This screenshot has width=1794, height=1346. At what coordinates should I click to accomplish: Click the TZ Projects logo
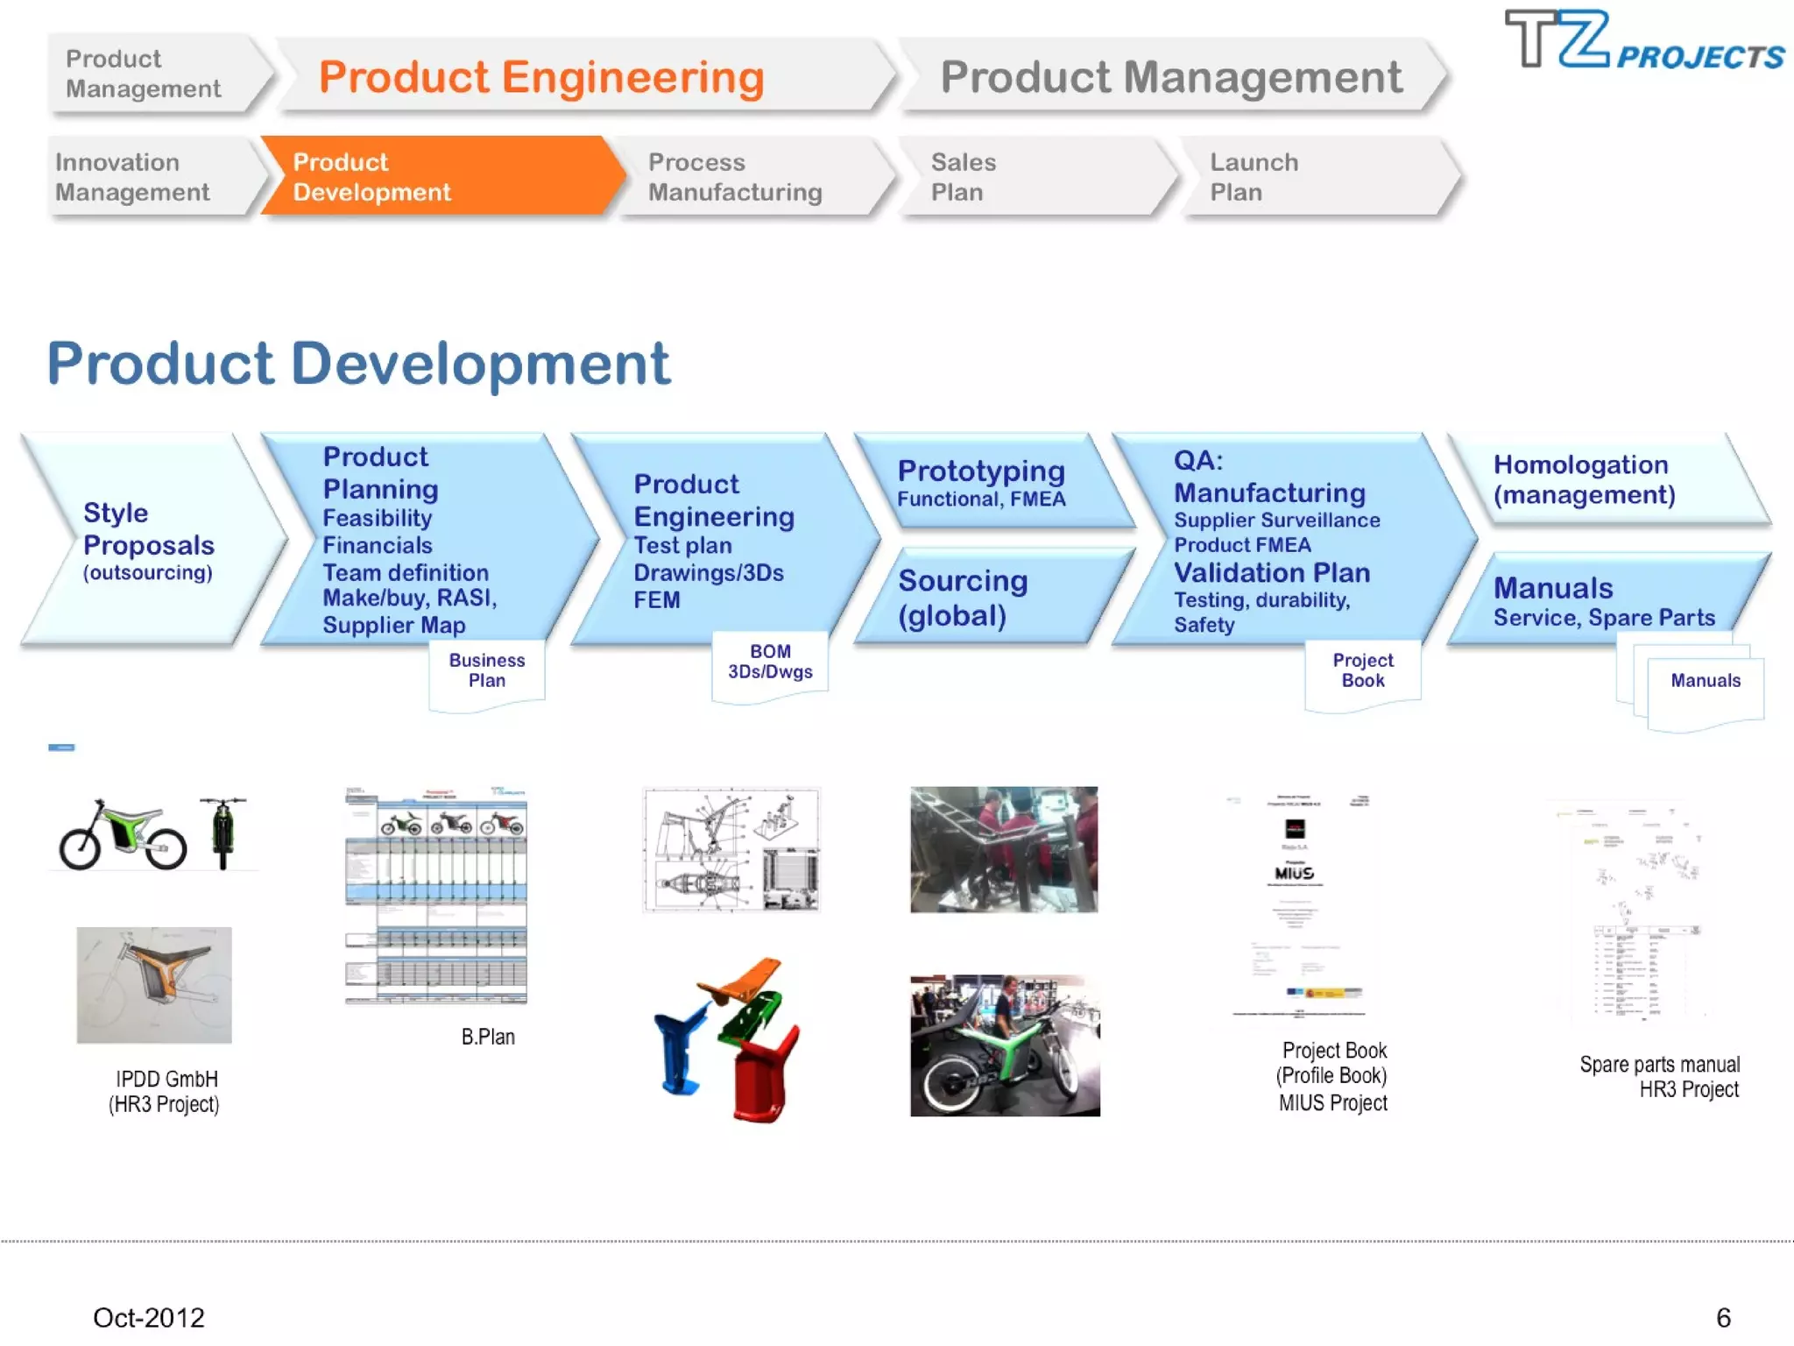tap(1642, 41)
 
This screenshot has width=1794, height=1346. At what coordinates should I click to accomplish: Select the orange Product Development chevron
tap(438, 176)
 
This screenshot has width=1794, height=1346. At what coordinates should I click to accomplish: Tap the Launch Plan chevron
tap(1314, 176)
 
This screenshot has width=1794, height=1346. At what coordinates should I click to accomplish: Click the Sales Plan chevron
tap(1034, 176)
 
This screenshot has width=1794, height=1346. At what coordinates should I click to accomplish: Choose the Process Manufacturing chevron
tap(745, 176)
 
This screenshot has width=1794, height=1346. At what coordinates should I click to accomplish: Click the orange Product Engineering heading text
tap(541, 77)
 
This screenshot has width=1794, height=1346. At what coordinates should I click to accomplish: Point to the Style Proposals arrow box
tap(149, 539)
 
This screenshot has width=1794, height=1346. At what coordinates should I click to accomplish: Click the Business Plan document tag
tap(487, 670)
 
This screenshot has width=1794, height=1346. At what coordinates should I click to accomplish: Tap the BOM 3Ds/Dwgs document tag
tap(770, 662)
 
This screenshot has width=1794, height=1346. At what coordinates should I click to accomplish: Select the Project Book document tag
tap(1363, 670)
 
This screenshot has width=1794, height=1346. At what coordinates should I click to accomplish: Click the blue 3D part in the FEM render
tap(679, 1052)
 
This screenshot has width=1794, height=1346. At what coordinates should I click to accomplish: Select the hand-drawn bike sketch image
tap(154, 985)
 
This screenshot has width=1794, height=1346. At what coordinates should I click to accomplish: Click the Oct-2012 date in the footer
tap(149, 1317)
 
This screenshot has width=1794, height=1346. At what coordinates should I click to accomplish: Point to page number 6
tap(1723, 1317)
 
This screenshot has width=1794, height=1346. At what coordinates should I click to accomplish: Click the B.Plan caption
tap(488, 1037)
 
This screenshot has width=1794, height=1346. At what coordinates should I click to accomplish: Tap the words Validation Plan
tap(1272, 573)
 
